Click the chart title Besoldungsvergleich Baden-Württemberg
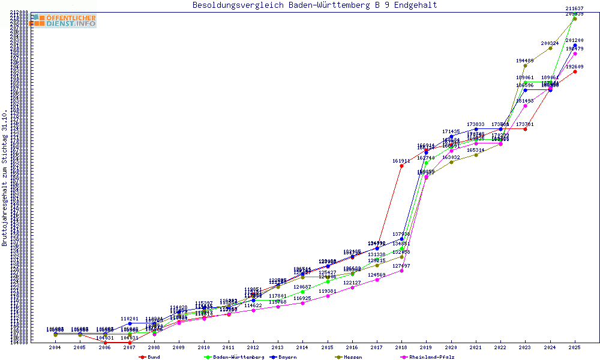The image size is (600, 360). point(314,5)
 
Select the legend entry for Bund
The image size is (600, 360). point(149,357)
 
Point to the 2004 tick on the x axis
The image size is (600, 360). point(55,347)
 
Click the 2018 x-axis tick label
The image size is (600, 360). point(401,347)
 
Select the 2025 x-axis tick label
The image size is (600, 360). point(575,347)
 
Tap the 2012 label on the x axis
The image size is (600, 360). point(253,347)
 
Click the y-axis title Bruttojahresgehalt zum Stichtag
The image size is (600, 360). point(5,178)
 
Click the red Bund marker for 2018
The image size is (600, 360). point(401,166)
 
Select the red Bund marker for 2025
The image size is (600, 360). point(575,71)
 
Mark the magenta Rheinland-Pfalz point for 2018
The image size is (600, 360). point(401,271)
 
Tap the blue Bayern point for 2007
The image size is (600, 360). point(130,323)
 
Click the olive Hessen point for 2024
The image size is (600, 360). point(550,48)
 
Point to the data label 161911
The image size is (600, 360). point(401,161)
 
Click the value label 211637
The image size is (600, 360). point(574,8)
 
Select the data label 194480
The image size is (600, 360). point(524,61)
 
